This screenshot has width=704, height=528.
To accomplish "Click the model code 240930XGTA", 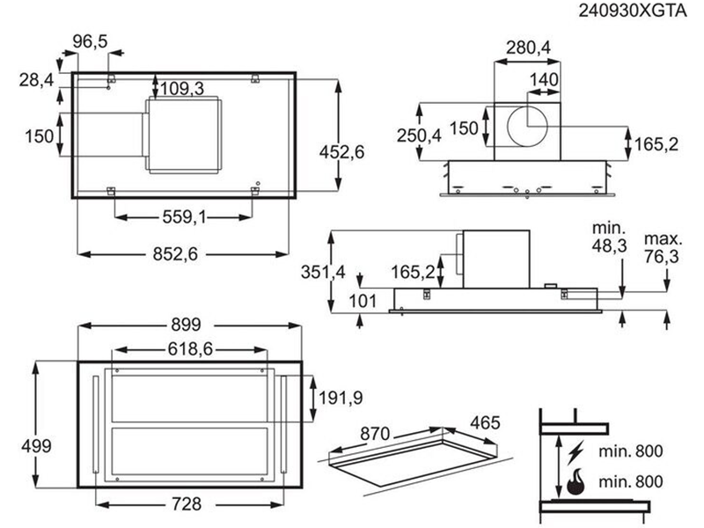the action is (x=633, y=11).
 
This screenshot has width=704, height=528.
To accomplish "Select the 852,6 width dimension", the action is (x=175, y=254).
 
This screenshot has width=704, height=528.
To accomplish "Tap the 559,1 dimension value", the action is (x=185, y=217).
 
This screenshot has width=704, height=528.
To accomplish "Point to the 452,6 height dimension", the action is (x=341, y=152).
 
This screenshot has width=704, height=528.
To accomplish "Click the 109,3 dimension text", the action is (x=182, y=89).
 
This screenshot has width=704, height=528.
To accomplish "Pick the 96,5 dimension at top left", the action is (x=91, y=41).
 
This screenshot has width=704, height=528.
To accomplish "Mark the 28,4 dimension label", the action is (x=36, y=80).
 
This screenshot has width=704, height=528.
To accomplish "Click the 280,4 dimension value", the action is (x=529, y=48).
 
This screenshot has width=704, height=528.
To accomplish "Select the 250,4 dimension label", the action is (x=419, y=136).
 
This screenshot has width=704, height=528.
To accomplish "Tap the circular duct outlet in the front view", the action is (x=527, y=126).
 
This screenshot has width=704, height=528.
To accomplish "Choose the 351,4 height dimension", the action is (x=323, y=272).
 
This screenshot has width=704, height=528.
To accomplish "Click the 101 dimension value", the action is (x=363, y=301).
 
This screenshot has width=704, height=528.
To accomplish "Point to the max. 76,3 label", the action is (x=663, y=248).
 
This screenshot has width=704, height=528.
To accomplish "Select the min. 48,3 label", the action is (x=609, y=237).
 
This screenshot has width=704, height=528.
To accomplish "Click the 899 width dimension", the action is (x=186, y=325).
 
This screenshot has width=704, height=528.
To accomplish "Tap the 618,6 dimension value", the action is (x=190, y=348).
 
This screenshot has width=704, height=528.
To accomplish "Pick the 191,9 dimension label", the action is (x=341, y=398).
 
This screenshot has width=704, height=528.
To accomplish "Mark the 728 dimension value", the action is (x=187, y=504).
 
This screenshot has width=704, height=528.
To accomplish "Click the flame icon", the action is (x=576, y=481).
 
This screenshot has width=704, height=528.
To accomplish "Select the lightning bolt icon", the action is (x=576, y=451).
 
